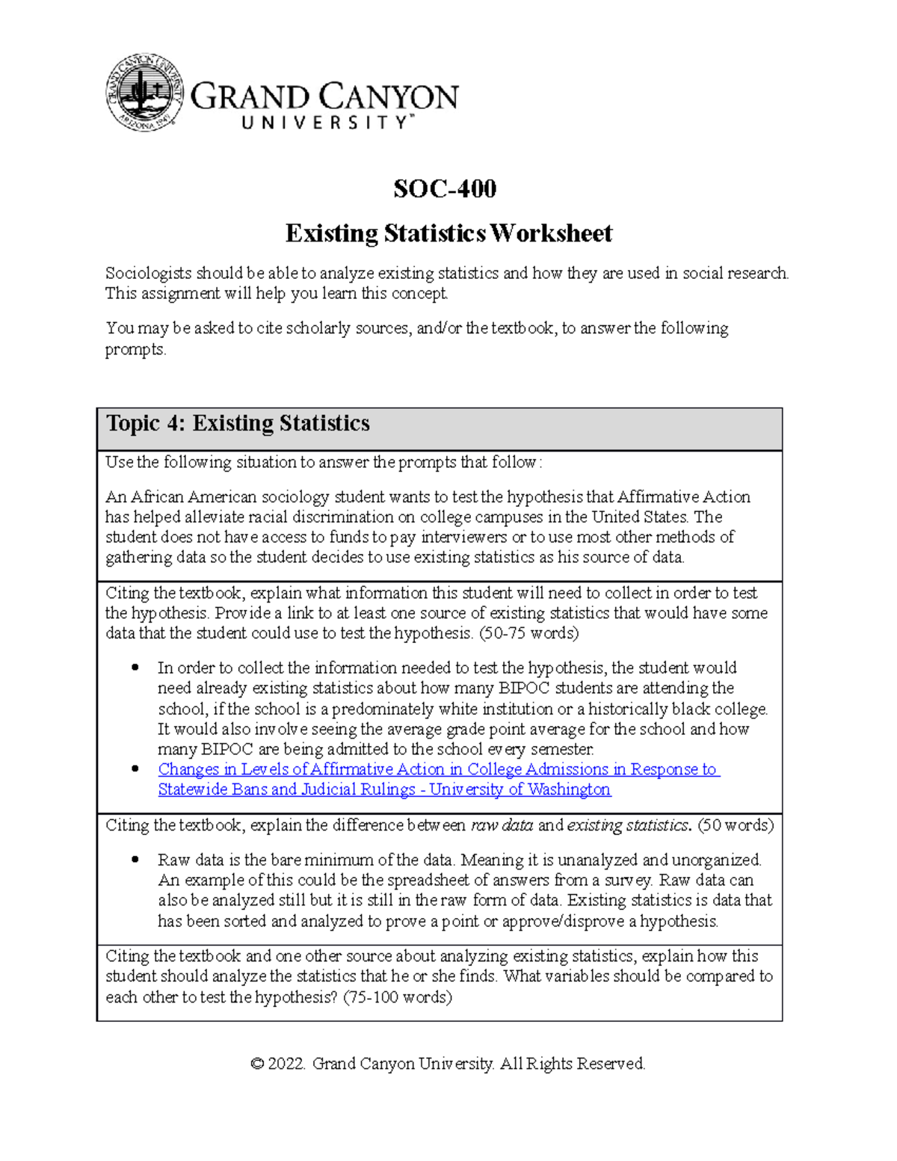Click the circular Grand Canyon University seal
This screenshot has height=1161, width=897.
145,93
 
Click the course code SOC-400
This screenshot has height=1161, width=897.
445,189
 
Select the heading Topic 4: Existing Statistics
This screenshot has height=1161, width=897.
238,424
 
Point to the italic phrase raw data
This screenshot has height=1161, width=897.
502,825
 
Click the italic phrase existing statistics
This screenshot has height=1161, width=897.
629,825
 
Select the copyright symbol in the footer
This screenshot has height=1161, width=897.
257,1064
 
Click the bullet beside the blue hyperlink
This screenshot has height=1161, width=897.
135,769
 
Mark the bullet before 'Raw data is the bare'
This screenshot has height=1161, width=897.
135,860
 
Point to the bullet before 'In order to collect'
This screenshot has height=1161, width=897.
135,668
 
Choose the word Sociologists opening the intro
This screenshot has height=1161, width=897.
148,274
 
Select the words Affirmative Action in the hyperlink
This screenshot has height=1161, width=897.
377,769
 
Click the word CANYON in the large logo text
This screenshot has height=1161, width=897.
389,97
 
